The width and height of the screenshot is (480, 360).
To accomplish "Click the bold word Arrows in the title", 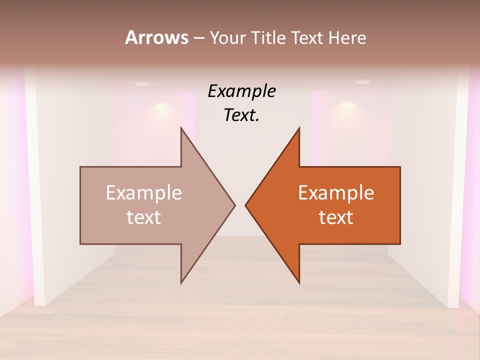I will coord(156,37).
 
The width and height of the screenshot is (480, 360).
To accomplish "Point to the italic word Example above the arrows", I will coord(242,91).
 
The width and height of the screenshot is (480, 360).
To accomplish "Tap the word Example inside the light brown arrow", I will coord(144,192).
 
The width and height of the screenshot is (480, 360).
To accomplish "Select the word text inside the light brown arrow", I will coord(144,217).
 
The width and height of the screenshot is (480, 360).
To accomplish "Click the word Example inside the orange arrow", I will coord(336,192).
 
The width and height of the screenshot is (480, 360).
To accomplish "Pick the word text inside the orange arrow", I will coord(336,217).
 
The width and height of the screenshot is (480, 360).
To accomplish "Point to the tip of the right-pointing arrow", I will coord(235,205).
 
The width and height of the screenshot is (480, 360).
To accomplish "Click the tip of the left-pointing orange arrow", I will coord(245,205).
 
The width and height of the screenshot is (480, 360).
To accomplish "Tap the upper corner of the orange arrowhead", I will coord(299,128).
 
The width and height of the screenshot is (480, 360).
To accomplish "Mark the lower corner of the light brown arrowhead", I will coord(181,283).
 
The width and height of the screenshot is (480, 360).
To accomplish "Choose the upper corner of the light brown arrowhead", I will coord(181,128).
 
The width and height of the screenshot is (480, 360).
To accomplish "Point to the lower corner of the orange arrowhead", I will coord(299,283).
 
